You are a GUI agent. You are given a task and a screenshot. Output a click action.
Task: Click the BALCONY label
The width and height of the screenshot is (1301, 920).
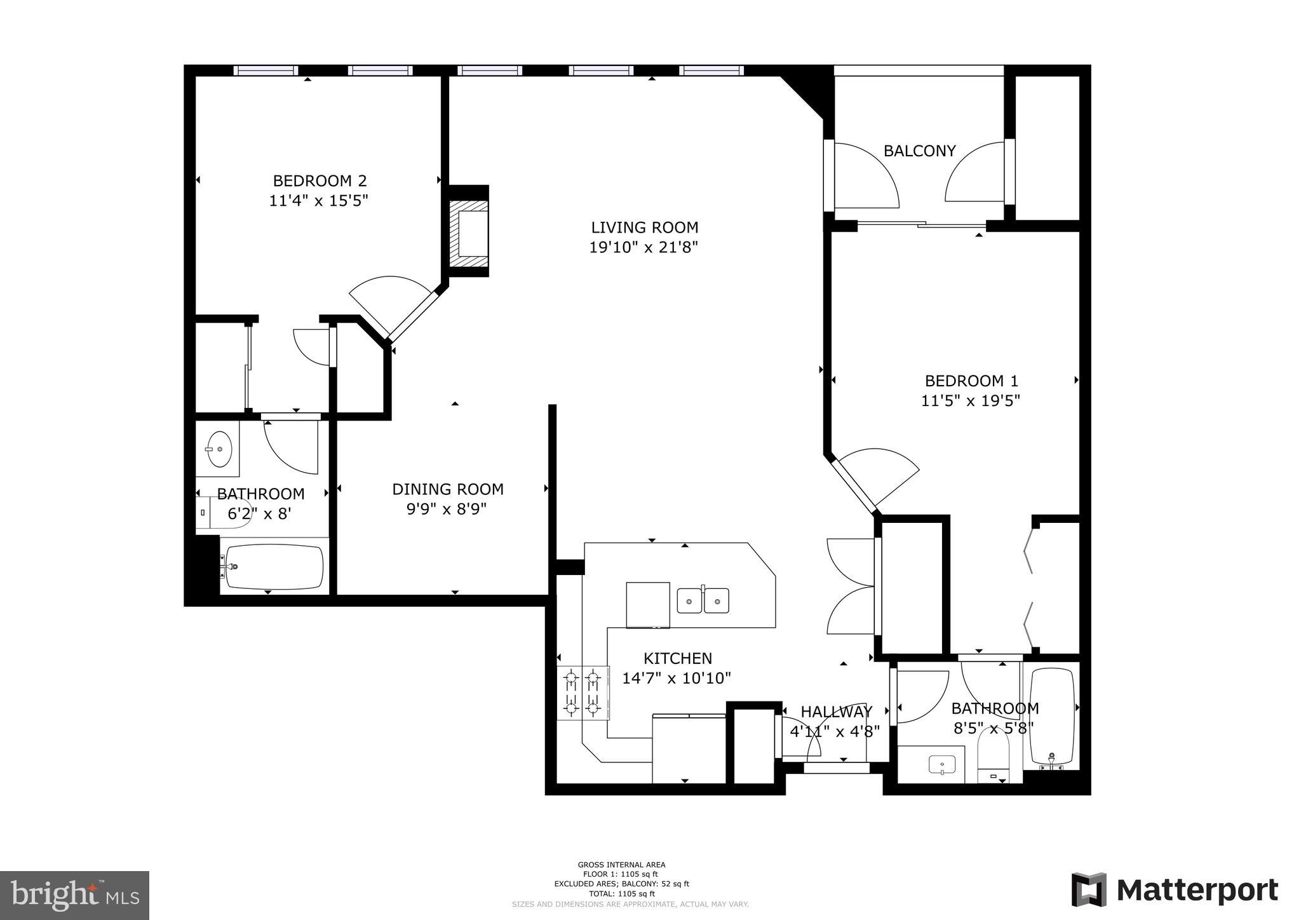point(919,151)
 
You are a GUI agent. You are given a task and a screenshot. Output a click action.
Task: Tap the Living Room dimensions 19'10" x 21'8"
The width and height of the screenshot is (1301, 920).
point(644,247)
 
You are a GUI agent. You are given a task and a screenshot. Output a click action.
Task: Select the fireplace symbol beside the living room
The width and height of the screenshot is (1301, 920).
point(469,233)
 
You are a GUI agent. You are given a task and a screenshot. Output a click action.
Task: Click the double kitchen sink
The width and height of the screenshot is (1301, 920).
point(703,600)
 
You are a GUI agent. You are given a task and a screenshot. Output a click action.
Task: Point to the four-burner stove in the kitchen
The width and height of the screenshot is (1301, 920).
point(583,693)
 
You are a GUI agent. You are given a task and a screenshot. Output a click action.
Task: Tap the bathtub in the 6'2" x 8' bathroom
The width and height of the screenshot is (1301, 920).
point(274,566)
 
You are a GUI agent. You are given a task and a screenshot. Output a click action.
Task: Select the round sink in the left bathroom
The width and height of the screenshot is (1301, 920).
point(218,449)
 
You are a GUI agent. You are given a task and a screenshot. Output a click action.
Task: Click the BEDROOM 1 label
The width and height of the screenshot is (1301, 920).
point(971,381)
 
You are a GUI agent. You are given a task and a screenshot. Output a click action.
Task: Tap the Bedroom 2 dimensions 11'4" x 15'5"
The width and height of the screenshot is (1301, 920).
point(318,201)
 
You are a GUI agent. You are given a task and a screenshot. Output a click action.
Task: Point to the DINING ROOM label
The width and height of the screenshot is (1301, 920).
point(447,489)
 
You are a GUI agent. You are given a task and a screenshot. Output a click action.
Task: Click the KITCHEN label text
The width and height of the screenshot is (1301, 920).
point(677,658)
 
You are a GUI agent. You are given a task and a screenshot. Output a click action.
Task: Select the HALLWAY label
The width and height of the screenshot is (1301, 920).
point(836,712)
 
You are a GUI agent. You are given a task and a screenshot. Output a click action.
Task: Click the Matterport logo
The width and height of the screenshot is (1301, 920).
point(1175,890)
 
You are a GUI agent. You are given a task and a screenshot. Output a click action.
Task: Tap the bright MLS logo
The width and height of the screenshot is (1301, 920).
point(74,895)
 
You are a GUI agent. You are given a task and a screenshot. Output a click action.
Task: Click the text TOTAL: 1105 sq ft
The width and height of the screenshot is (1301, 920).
point(621,893)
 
